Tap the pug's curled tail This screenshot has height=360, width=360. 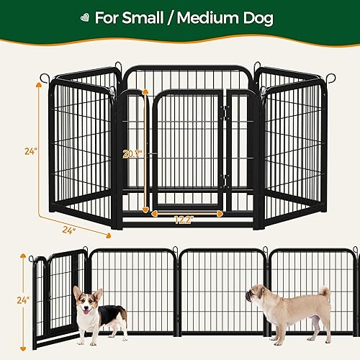pos(324,292)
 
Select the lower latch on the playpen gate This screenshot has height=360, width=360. pos(224,181)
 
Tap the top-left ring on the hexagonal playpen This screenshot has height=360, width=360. pos(45,78)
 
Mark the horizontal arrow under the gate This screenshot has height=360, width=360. pos(186,213)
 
